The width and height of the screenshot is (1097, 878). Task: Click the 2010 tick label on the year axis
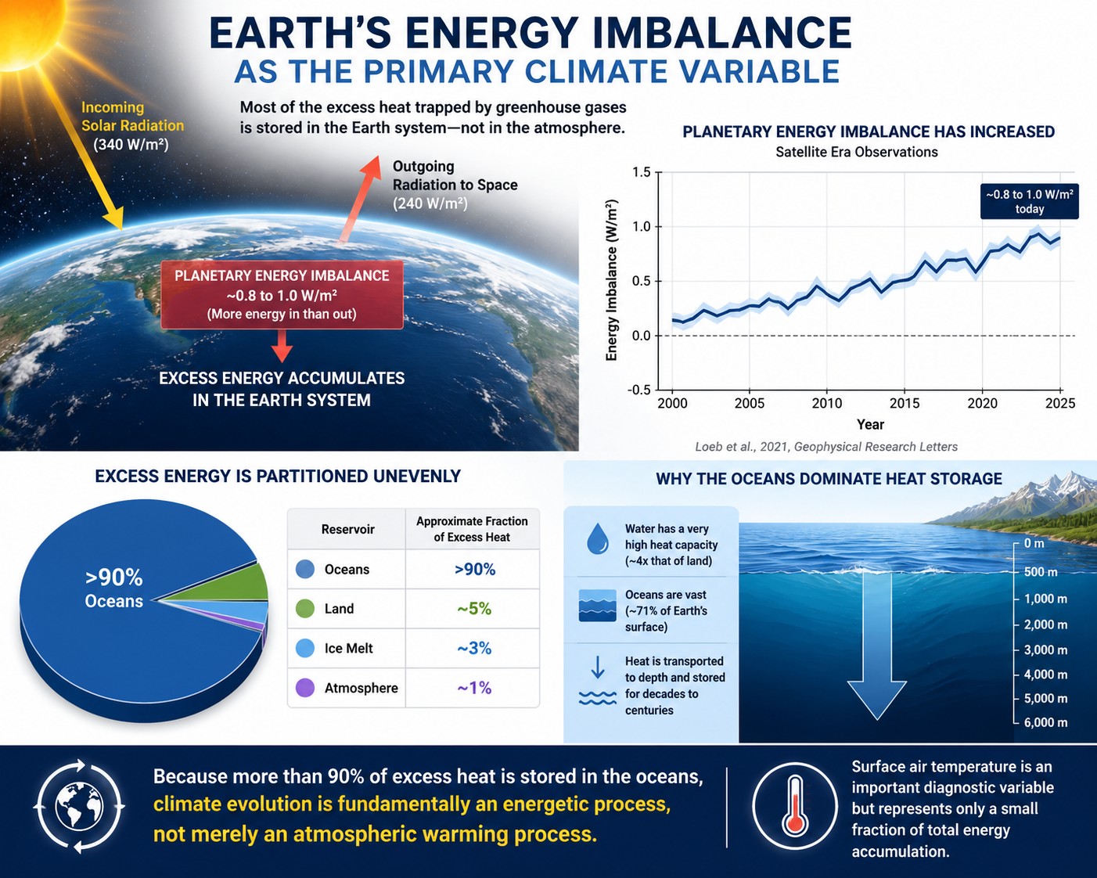826,403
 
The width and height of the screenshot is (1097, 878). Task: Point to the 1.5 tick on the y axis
642,172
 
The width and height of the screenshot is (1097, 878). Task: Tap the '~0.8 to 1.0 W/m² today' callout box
1029,201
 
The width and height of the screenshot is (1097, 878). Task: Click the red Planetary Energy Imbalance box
282,295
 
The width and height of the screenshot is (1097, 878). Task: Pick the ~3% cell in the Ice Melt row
473,648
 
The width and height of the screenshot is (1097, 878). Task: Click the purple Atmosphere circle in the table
305,688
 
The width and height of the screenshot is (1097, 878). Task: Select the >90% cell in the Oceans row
475,569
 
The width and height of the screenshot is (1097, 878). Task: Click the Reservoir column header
347,529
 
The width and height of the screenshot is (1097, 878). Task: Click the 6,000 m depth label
1045,722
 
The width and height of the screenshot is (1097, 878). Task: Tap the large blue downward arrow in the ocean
877,646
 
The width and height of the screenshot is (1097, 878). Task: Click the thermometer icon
795,806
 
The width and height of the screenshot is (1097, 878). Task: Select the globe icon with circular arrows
79,806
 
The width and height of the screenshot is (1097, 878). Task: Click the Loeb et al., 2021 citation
826,447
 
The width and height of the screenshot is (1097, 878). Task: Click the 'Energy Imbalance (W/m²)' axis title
611,280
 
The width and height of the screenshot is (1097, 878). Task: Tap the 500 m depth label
1041,572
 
